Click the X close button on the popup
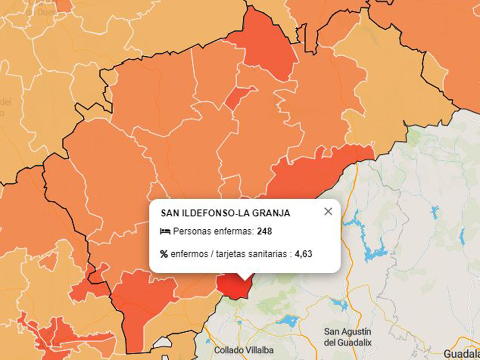point(328,211)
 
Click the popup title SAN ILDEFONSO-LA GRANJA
point(225,213)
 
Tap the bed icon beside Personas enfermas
point(165,232)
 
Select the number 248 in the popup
point(264,232)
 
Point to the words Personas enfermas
point(213,232)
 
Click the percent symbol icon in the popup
point(164,255)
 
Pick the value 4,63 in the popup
point(303,255)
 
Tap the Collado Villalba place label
point(244,350)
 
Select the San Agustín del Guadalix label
point(348,337)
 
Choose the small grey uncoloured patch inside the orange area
point(161,343)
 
